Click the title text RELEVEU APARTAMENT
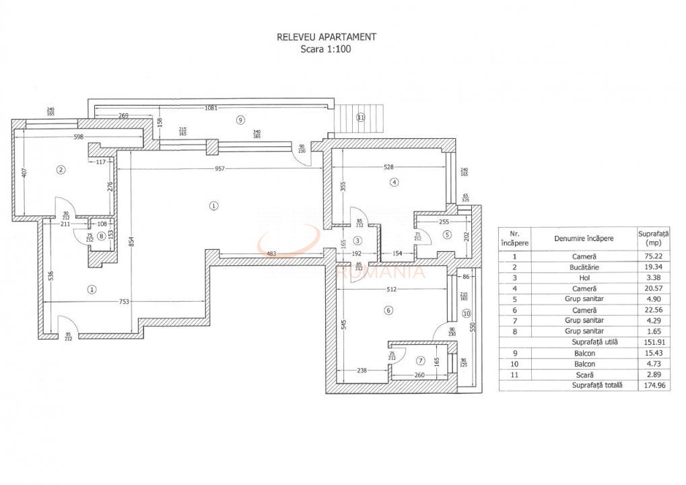tap(327, 37)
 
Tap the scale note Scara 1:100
tap(327, 49)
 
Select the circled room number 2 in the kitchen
tap(61, 170)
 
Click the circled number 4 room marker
tap(394, 182)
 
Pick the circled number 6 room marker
tap(387, 311)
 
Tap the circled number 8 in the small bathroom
tap(100, 235)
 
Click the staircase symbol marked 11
tap(360, 118)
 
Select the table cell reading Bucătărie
tap(584, 267)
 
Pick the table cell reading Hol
tap(584, 278)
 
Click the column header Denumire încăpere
tap(584, 238)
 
